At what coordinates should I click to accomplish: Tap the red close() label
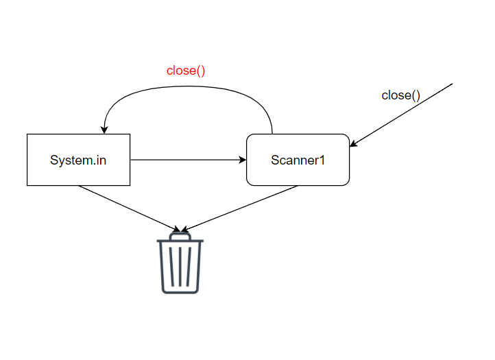tap(186, 71)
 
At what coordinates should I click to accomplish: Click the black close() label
tap(400, 95)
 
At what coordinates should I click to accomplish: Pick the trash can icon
tap(180, 265)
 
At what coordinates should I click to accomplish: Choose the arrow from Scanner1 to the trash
tap(240, 208)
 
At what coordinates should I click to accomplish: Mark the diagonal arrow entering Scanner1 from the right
tap(401, 115)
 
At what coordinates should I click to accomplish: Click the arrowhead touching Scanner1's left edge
tap(243, 160)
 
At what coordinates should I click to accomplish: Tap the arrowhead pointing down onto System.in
tap(104, 130)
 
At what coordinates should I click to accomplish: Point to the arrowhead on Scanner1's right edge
tap(353, 143)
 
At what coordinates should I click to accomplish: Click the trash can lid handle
tap(180, 235)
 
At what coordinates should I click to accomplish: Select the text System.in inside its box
tap(78, 160)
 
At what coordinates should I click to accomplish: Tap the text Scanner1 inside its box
tap(298, 160)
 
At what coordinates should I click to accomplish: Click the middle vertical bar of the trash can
tap(180, 267)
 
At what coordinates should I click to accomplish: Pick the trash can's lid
tap(180, 241)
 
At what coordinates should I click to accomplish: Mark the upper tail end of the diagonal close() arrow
tap(452, 84)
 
